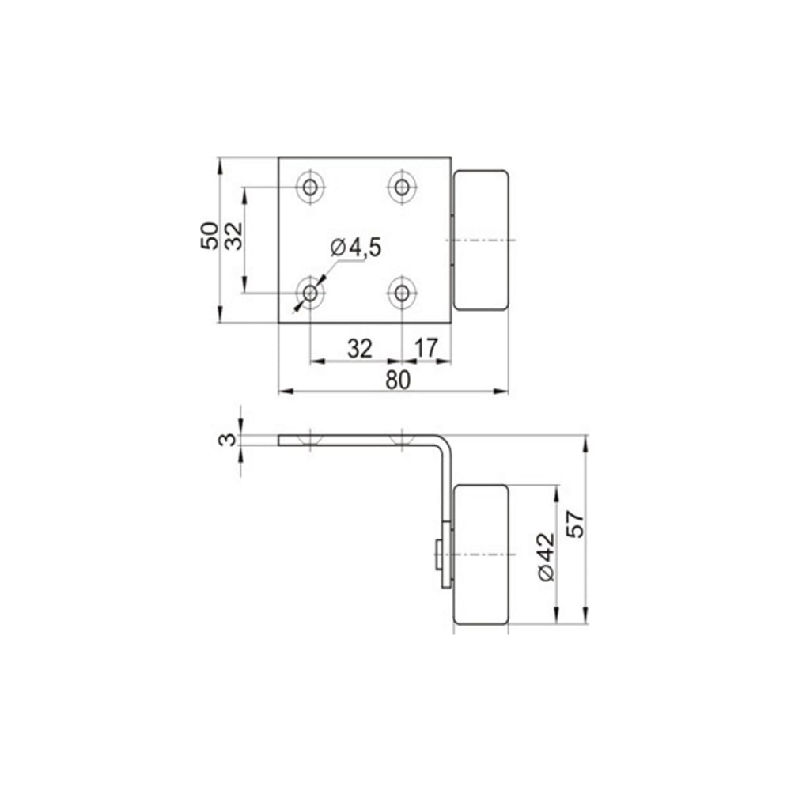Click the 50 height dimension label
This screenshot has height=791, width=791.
(x=210, y=236)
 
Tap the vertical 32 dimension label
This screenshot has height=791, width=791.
(x=233, y=236)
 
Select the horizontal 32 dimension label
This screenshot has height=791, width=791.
(x=360, y=349)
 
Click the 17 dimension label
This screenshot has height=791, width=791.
(x=426, y=348)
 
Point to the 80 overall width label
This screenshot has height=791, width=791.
(x=398, y=380)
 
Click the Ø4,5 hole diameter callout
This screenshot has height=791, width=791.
(x=356, y=248)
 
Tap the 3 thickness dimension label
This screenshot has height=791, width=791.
(x=227, y=440)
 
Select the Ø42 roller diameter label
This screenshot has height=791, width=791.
(x=546, y=557)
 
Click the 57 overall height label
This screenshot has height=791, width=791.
(x=575, y=524)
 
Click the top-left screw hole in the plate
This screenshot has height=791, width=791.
(x=310, y=187)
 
